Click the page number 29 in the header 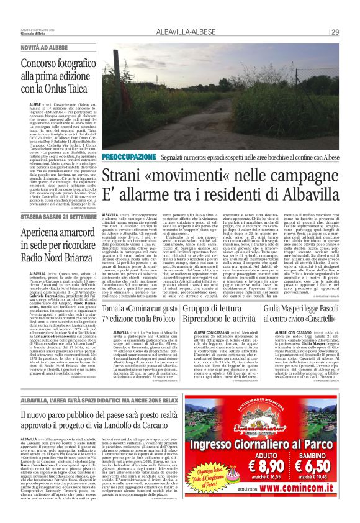(x=334, y=32)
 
